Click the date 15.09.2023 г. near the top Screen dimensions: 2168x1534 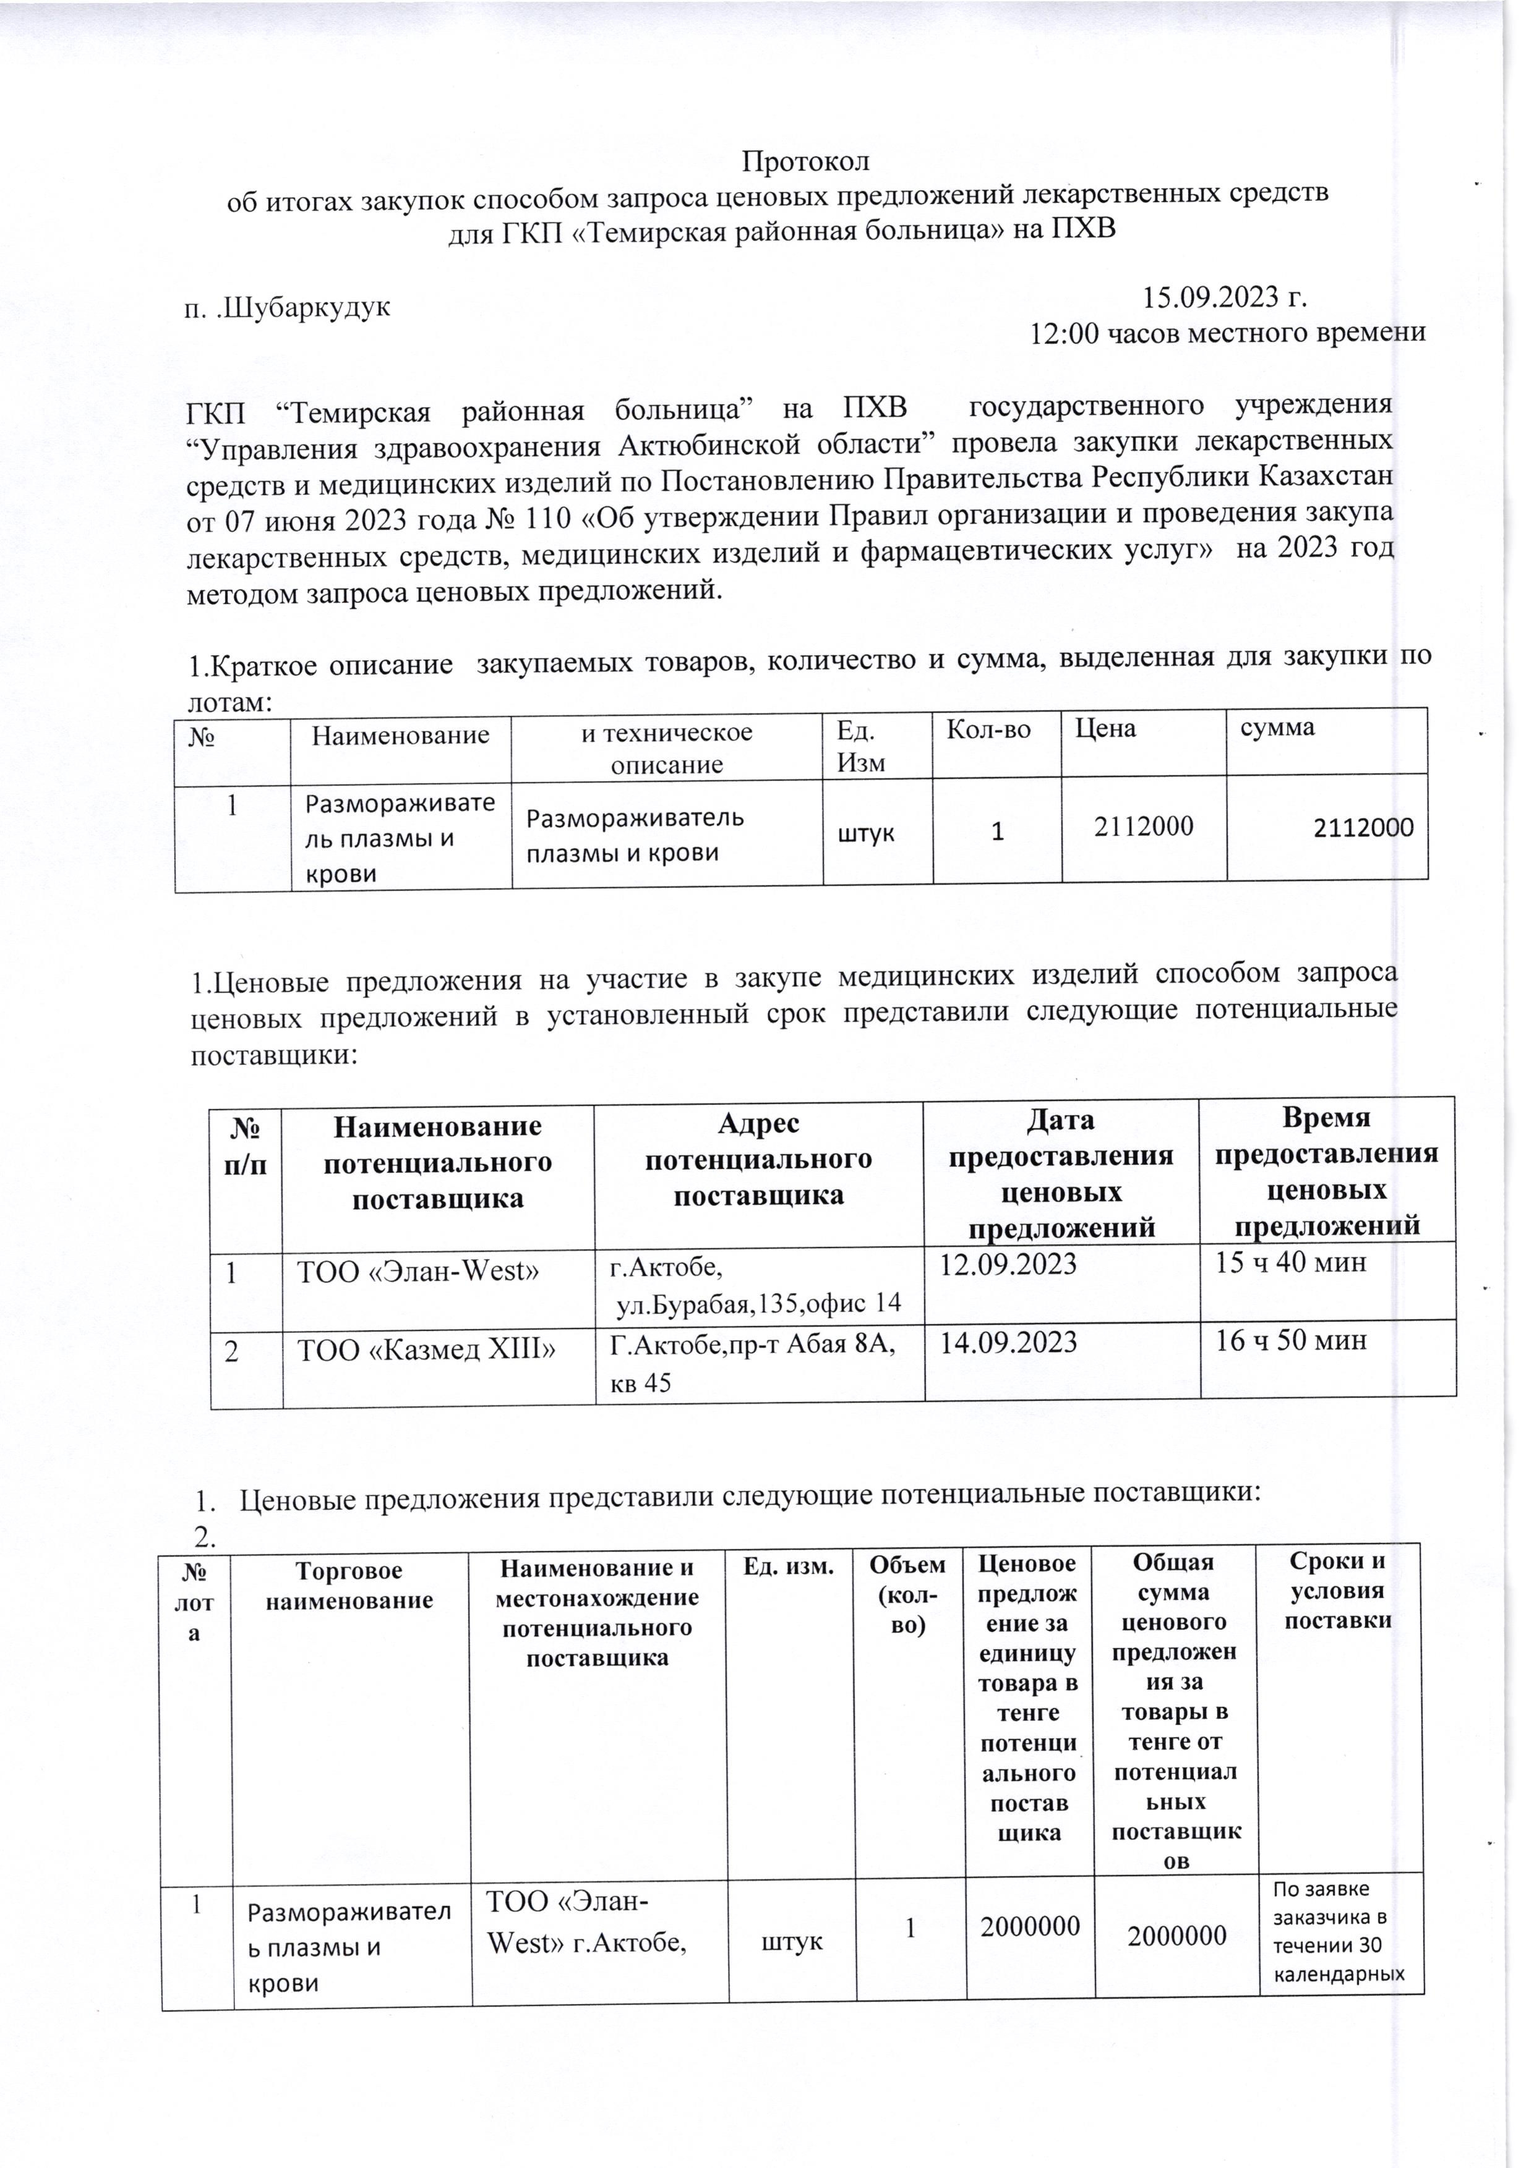pos(1225,299)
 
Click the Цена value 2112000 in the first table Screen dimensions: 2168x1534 pos(1143,827)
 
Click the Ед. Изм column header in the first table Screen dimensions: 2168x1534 pos(860,746)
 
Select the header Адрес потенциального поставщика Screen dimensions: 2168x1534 pos(758,1158)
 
